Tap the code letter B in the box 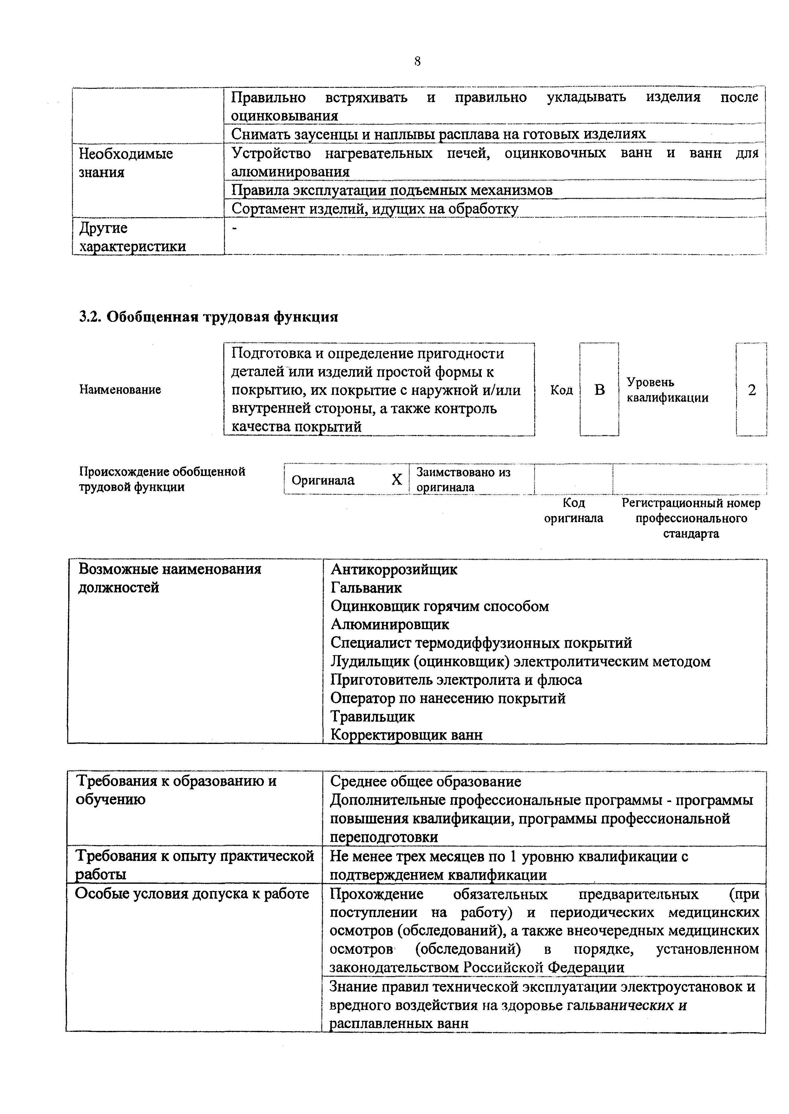[600, 390]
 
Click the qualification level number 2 [752, 390]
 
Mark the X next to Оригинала [397, 480]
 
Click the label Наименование [120, 389]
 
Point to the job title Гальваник [366, 588]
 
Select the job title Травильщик [373, 716]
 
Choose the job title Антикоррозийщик [394, 569]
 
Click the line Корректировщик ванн [407, 735]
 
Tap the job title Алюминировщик [390, 624]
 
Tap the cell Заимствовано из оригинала [464, 479]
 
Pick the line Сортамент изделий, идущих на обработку [375, 209]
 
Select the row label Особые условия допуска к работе [192, 894]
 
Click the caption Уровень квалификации [667, 390]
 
